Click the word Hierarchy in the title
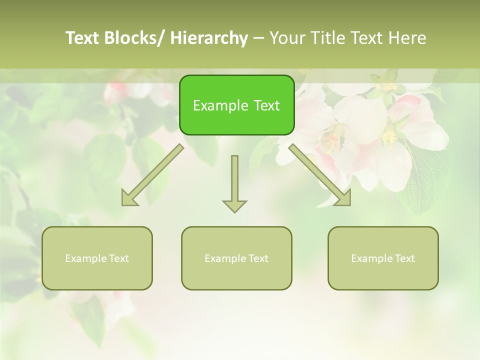pos(209,38)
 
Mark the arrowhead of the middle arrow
pos(234,205)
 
